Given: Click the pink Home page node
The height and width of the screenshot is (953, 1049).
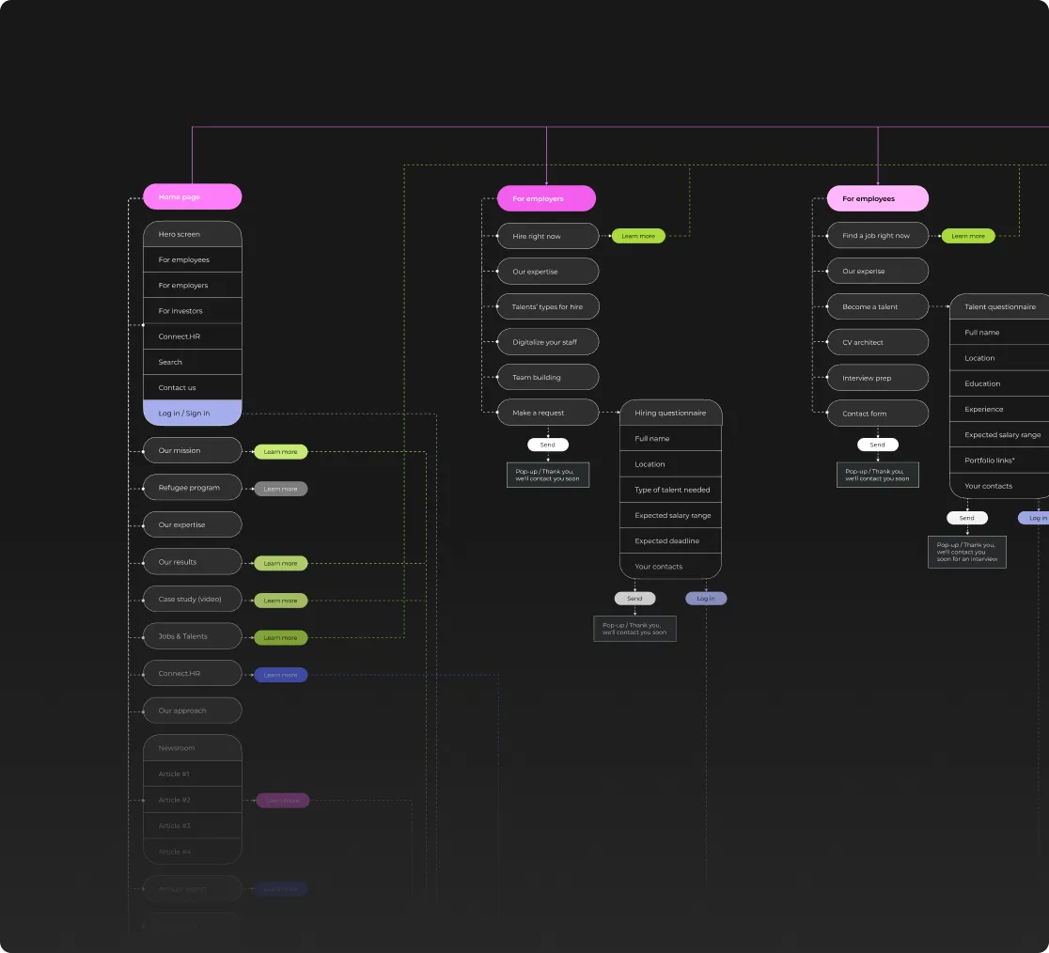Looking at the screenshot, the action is (192, 196).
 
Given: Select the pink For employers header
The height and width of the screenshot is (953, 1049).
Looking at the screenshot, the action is (546, 198).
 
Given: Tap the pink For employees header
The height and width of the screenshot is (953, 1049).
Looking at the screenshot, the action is (877, 198).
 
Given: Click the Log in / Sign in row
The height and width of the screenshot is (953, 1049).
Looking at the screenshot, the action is (192, 414).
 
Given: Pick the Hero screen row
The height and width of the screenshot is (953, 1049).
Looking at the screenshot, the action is (192, 234).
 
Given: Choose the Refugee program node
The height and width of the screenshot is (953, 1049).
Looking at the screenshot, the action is (192, 488).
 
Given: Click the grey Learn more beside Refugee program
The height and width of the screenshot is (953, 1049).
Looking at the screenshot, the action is (280, 489).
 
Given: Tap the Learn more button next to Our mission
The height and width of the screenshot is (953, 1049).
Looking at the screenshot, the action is (280, 452).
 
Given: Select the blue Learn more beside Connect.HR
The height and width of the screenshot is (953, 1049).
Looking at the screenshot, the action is (280, 675).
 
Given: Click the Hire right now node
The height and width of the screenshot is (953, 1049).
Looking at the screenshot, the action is (547, 236).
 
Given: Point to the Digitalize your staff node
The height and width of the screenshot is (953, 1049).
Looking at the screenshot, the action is (547, 342).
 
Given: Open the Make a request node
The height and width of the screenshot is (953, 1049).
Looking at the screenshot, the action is (547, 413).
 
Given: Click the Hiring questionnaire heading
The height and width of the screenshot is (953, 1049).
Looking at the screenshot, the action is (670, 413).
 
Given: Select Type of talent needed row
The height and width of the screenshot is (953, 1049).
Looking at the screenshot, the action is (671, 490).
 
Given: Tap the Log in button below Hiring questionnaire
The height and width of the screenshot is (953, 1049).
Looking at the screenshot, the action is (706, 599).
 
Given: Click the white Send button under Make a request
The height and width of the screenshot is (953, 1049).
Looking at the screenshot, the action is (548, 445).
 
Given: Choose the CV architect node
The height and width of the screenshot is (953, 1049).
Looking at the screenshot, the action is (877, 342).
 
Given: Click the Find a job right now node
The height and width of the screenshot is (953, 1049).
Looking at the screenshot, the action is (877, 236).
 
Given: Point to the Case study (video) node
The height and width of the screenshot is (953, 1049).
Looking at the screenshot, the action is (192, 600).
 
